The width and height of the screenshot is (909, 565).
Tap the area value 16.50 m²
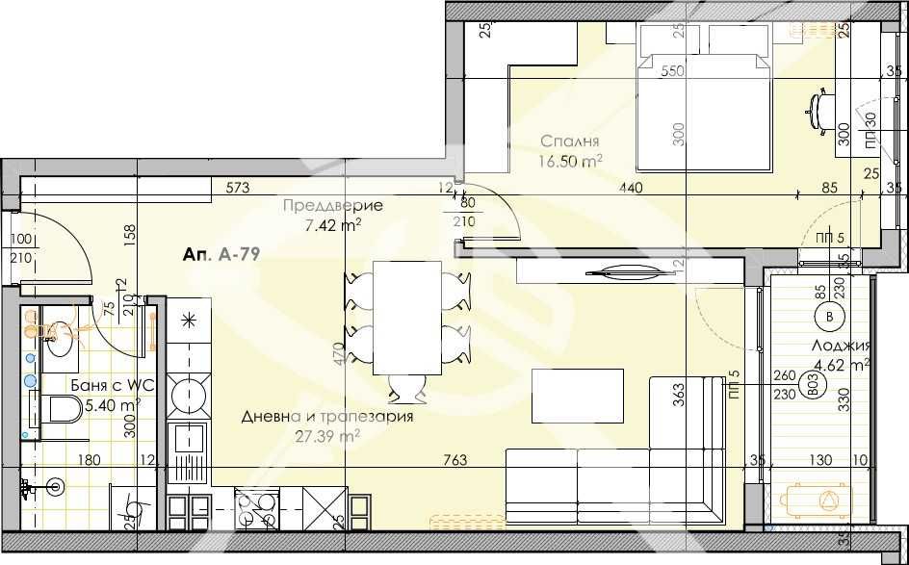[571, 161]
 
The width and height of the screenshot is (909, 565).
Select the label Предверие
[332, 206]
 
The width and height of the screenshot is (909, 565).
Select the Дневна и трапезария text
[326, 417]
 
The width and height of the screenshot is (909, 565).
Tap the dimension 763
[456, 461]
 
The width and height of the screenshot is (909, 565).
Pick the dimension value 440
[630, 188]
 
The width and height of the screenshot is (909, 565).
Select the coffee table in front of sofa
[577, 396]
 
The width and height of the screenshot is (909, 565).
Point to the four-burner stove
[257, 509]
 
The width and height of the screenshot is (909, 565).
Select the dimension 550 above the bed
[673, 71]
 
